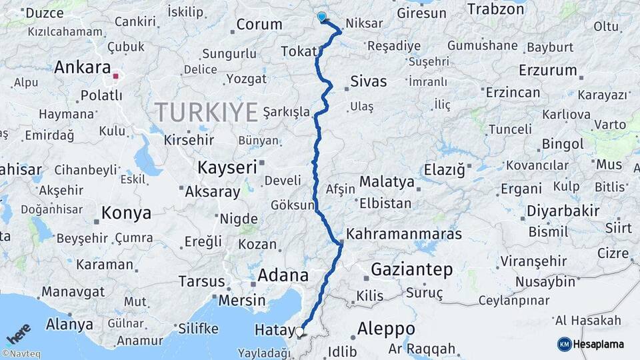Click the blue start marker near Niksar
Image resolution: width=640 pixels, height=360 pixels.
pos(322,17)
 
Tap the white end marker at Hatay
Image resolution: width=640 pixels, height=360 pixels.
pos(299,331)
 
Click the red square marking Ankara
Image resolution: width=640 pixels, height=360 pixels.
pos(116,76)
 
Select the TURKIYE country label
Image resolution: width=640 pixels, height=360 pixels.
pos(206,112)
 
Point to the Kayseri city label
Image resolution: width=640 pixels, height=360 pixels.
pos(227,167)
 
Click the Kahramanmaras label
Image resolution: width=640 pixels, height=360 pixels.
pos(405,235)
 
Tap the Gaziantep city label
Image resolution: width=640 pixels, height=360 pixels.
pos(411,270)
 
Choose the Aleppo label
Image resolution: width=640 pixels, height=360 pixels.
pos(386,329)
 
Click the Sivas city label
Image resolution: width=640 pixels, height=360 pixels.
pos(367,82)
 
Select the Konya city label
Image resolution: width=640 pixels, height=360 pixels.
pos(126,213)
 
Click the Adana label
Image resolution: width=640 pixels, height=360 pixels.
pos(283,275)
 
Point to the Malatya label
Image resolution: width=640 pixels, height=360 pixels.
pos(387,181)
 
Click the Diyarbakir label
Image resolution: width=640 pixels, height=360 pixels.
pos(563,211)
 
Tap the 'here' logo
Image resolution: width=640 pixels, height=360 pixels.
pos(19,333)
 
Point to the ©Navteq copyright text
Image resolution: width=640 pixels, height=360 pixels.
pos(21,354)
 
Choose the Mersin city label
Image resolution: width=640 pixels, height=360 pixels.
pos(242,300)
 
